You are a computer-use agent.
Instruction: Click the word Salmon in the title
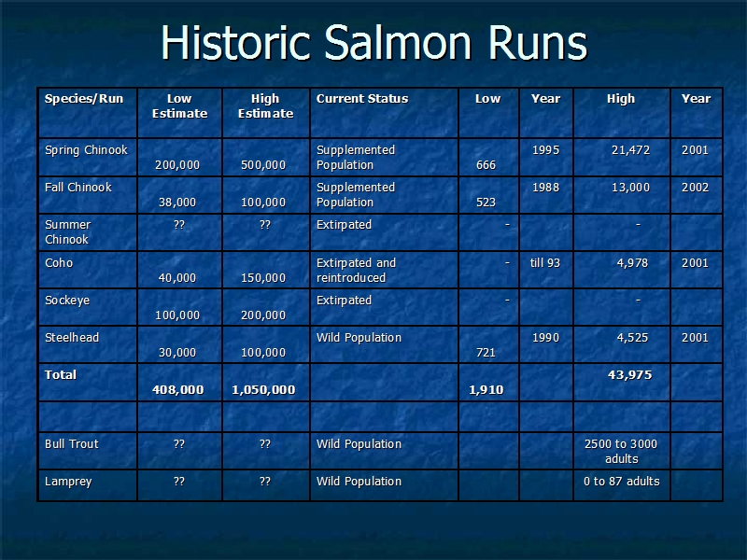tap(398, 42)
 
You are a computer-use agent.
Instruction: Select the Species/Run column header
tap(84, 99)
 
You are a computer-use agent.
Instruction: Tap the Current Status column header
tap(362, 99)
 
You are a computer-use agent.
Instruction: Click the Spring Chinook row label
tap(86, 150)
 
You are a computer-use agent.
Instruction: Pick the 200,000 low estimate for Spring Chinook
tap(177, 165)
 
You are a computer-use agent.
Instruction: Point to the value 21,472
tap(631, 150)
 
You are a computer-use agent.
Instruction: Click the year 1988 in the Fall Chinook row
tap(545, 188)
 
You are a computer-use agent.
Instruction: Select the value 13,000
tap(631, 188)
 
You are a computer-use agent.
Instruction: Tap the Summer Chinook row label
tap(67, 231)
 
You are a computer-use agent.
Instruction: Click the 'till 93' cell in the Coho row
tap(545, 263)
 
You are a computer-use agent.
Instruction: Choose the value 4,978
tap(632, 263)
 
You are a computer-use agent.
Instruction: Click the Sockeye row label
tap(67, 301)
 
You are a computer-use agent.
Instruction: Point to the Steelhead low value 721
tap(486, 353)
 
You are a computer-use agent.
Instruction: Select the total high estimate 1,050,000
tap(263, 389)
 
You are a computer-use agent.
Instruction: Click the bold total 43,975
tap(629, 375)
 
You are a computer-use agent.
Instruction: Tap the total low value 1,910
tap(486, 389)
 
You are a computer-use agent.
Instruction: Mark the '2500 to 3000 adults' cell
tap(621, 452)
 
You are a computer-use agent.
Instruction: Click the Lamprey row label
tap(68, 482)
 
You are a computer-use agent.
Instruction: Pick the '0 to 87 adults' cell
tap(622, 482)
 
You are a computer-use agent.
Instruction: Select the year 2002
tap(695, 188)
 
